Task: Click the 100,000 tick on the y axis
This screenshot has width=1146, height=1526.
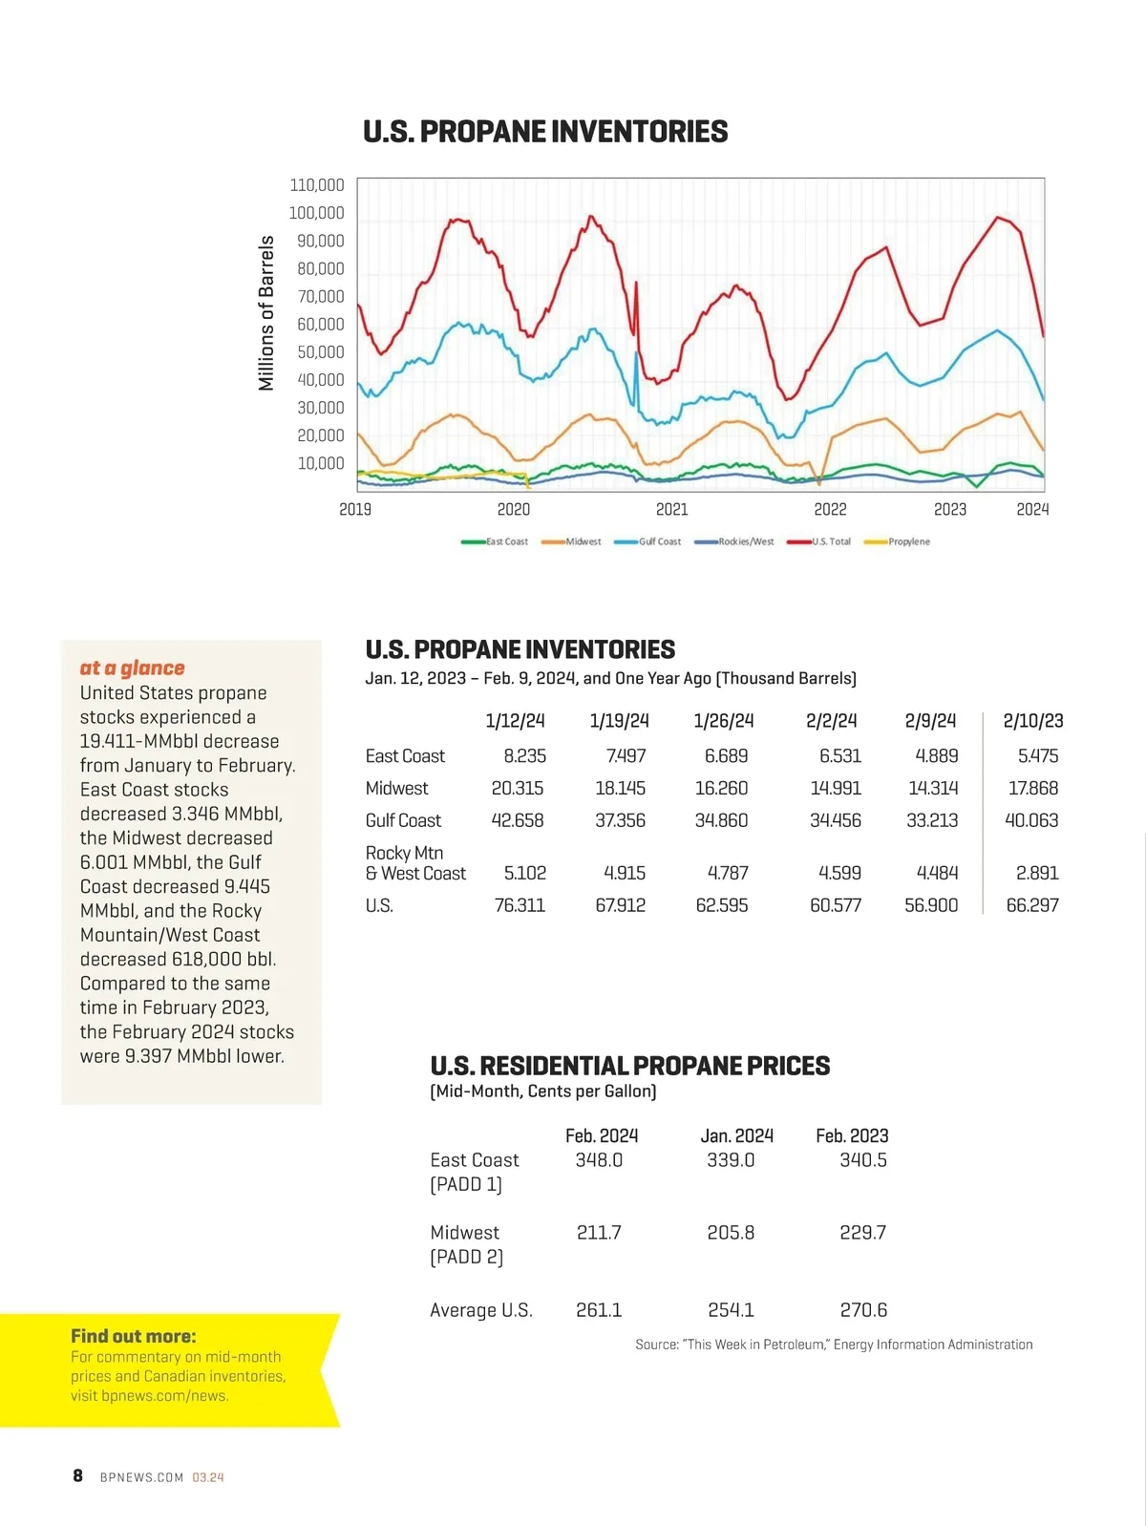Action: [x=316, y=213]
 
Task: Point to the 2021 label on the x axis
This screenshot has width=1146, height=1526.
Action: [x=672, y=509]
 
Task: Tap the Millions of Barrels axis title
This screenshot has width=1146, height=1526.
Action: [x=266, y=313]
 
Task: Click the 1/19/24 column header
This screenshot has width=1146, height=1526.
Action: [x=619, y=721]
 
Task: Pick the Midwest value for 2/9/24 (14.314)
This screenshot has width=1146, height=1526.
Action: [x=932, y=788]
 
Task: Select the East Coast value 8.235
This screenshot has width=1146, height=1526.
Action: [x=524, y=755]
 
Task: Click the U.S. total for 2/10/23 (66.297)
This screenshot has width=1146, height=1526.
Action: [x=1031, y=904]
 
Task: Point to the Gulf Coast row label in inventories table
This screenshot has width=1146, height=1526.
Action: [x=403, y=820]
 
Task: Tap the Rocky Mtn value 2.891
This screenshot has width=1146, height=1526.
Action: [x=1037, y=873]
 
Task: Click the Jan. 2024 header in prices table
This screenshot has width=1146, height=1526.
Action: [x=736, y=1135]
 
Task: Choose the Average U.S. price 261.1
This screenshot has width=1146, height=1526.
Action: [x=599, y=1310]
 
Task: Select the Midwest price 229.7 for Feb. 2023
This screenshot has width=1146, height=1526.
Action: [x=862, y=1233]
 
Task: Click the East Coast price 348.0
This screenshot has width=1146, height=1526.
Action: [x=599, y=1160]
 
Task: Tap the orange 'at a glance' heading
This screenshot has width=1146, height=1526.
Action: [x=132, y=668]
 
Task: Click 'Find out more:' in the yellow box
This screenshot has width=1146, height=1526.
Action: [x=133, y=1336]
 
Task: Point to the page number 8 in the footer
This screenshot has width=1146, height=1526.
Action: [x=78, y=1475]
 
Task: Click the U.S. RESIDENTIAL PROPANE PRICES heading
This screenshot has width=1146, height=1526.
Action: [x=629, y=1066]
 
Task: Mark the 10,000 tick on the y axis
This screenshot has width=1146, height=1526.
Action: [x=320, y=463]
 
